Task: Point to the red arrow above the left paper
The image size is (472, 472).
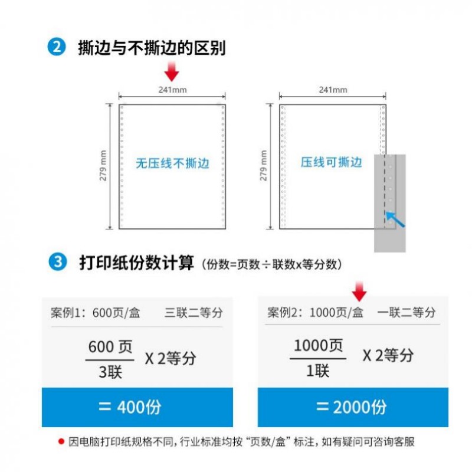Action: click(x=172, y=72)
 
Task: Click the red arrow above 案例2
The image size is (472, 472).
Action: click(x=359, y=291)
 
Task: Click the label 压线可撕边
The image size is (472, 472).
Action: click(x=331, y=162)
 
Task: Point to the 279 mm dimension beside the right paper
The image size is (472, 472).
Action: click(x=264, y=166)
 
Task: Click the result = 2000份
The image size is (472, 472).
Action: click(x=352, y=407)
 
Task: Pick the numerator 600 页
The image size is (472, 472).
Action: click(x=110, y=347)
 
